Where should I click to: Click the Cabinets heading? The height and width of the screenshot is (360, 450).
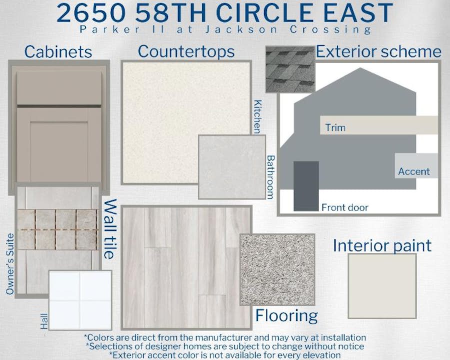pyautogui.click(x=58, y=52)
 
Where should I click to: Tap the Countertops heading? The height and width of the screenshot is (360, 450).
pyautogui.click(x=186, y=51)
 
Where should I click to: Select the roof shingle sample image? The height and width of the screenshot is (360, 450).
pyautogui.click(x=290, y=69)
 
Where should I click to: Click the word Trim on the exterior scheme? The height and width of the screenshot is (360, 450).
pyautogui.click(x=335, y=127)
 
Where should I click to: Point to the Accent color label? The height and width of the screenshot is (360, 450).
pyautogui.click(x=414, y=171)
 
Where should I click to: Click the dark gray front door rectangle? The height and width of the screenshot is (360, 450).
pyautogui.click(x=306, y=186)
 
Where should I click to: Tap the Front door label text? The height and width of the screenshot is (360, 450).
pyautogui.click(x=345, y=207)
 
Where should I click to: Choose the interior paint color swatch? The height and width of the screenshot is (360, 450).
pyautogui.click(x=382, y=286)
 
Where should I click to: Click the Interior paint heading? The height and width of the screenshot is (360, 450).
pyautogui.click(x=382, y=245)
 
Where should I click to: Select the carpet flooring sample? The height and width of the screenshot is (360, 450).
pyautogui.click(x=277, y=269)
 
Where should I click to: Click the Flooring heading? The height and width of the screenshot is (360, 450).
pyautogui.click(x=286, y=315)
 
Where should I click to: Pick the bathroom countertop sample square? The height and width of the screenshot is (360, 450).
pyautogui.click(x=232, y=167)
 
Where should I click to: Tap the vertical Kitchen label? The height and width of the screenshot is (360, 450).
pyautogui.click(x=257, y=117)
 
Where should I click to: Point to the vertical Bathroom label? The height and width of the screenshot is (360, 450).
pyautogui.click(x=270, y=177)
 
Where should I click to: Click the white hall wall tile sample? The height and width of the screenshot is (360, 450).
pyautogui.click(x=80, y=300)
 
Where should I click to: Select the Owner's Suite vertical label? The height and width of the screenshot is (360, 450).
pyautogui.click(x=10, y=264)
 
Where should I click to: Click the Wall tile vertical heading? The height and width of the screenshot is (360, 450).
pyautogui.click(x=110, y=229)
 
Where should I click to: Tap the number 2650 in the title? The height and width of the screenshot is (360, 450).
pyautogui.click(x=91, y=13)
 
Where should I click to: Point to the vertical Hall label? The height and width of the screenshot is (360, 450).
pyautogui.click(x=44, y=321)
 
